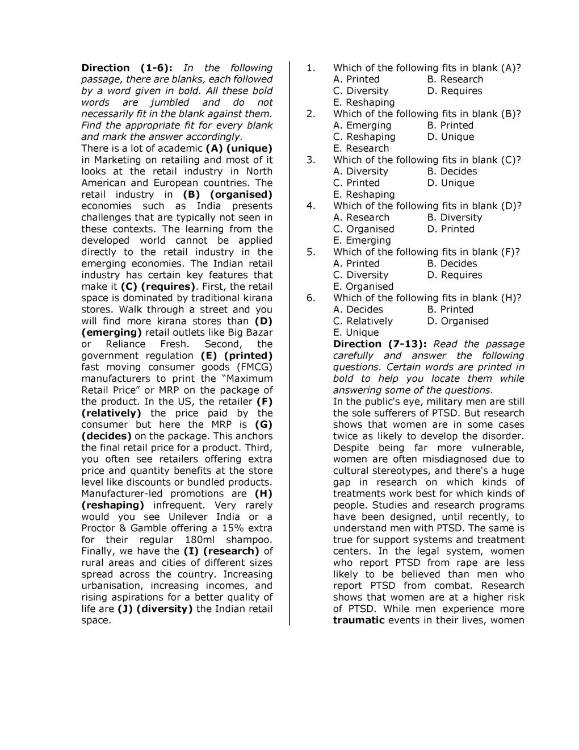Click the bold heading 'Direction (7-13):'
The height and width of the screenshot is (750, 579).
(x=377, y=344)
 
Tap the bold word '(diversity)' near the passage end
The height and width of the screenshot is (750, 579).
(x=165, y=609)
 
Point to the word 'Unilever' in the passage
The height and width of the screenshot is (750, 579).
(x=188, y=516)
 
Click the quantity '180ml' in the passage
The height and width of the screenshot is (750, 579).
(x=204, y=540)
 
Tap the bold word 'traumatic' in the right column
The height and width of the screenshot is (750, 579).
(x=359, y=620)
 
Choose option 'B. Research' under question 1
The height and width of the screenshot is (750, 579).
(x=455, y=79)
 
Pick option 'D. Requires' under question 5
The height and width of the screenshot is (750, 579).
(x=455, y=275)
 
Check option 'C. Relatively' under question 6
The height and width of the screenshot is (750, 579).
(x=363, y=321)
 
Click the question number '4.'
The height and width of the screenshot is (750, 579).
(x=311, y=206)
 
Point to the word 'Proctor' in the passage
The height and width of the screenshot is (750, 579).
(x=98, y=528)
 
